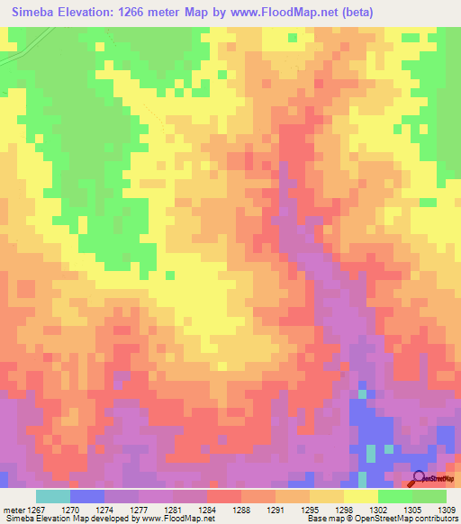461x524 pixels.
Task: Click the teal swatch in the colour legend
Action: (52, 496)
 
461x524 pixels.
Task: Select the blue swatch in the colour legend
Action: (86, 496)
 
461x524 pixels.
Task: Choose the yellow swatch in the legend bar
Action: (360, 496)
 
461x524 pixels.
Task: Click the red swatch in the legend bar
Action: (223, 496)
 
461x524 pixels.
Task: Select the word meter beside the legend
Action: (14, 509)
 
